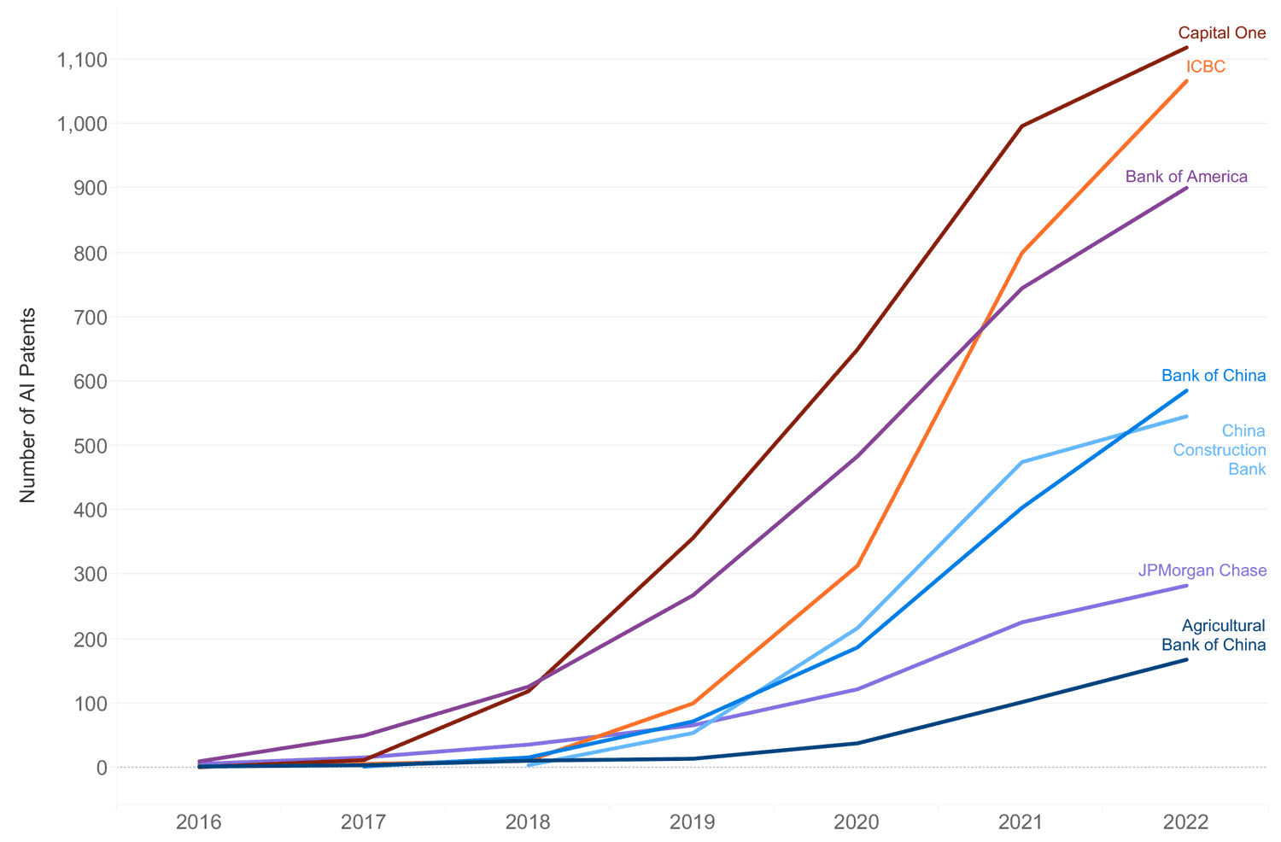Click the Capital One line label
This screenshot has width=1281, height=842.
[x=1221, y=33]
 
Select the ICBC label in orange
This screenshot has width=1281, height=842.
[x=1205, y=67]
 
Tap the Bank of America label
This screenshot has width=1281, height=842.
[x=1186, y=177]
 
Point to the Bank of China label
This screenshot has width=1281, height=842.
[x=1213, y=376]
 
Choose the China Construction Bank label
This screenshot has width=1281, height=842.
[x=1220, y=450]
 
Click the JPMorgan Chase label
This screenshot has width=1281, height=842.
[x=1202, y=570]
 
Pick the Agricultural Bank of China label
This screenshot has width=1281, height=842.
[x=1214, y=635]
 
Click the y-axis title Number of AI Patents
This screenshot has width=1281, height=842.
[x=28, y=405]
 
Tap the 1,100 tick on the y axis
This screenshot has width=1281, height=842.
[x=82, y=60]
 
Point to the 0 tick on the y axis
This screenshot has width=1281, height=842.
[x=102, y=768]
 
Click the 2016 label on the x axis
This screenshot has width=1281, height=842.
[x=198, y=822]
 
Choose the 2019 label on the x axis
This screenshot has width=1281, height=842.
[x=693, y=822]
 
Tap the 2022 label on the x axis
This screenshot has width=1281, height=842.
[x=1186, y=822]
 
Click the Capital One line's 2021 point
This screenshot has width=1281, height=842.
[x=1021, y=126]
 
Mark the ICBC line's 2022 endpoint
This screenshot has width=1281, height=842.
[x=1186, y=81]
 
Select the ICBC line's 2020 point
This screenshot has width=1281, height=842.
[x=857, y=565]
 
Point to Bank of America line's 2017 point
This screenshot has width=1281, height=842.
[x=364, y=735]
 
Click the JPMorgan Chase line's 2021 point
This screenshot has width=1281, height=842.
[x=1021, y=623]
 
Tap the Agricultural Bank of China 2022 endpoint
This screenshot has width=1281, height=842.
[x=1186, y=659]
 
